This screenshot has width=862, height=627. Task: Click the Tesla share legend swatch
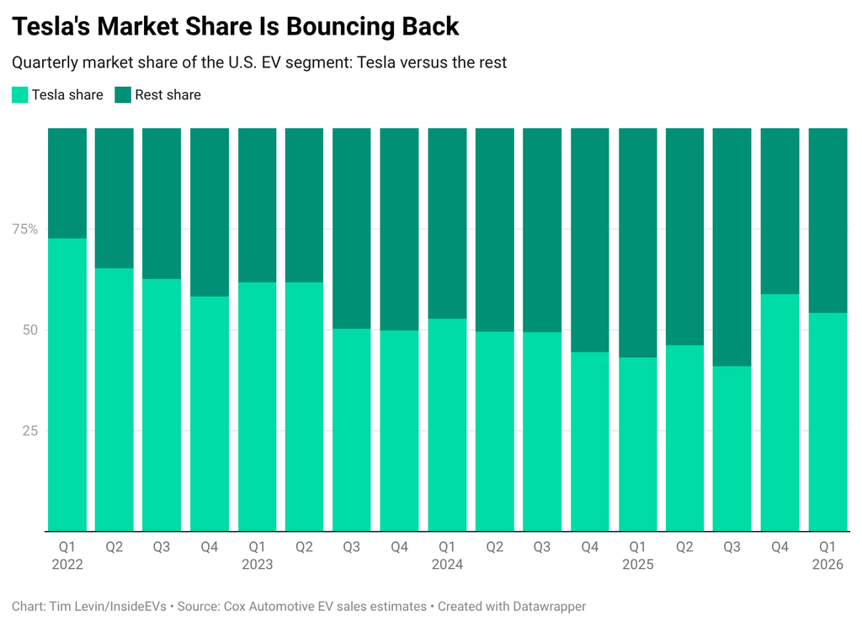(x=20, y=95)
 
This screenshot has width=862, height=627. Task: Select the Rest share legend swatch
(x=123, y=95)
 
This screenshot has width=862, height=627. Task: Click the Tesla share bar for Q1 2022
(x=67, y=385)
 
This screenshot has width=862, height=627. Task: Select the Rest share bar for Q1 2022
(x=67, y=183)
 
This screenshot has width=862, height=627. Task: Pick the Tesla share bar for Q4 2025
(x=780, y=413)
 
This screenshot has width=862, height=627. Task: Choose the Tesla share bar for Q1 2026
(x=827, y=422)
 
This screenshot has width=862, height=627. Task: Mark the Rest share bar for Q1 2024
(x=447, y=223)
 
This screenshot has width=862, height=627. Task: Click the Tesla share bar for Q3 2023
(x=352, y=430)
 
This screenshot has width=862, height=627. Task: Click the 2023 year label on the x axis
(x=257, y=565)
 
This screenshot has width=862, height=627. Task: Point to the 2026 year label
(x=827, y=565)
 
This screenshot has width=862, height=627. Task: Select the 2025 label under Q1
(x=637, y=565)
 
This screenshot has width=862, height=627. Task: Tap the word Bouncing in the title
(x=341, y=26)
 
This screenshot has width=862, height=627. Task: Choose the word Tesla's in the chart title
(x=49, y=26)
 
